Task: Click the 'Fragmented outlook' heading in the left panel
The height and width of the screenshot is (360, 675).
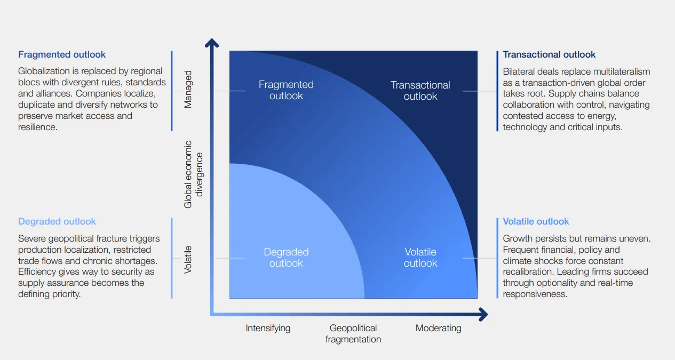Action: (62, 54)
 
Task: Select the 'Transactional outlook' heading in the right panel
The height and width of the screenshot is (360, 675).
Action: (549, 54)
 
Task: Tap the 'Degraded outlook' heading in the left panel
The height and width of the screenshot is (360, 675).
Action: (57, 221)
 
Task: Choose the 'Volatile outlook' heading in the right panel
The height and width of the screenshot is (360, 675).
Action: (536, 221)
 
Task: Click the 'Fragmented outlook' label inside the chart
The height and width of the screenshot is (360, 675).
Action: (286, 90)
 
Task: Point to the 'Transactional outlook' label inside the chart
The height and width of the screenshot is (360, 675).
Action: (420, 91)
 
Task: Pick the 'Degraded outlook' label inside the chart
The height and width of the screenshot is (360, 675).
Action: (286, 258)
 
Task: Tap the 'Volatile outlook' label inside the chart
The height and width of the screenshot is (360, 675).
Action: (420, 258)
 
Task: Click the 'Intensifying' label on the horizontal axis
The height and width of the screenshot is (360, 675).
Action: (268, 328)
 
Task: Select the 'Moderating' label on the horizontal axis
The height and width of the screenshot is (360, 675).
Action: (438, 328)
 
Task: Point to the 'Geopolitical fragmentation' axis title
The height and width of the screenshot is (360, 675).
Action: (353, 333)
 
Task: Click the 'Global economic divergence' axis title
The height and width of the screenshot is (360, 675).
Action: (193, 174)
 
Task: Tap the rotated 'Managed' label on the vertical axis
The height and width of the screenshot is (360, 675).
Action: (188, 89)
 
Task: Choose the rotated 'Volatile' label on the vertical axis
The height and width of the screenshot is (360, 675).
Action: (188, 260)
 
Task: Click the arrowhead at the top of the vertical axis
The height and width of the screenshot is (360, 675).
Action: (212, 42)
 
